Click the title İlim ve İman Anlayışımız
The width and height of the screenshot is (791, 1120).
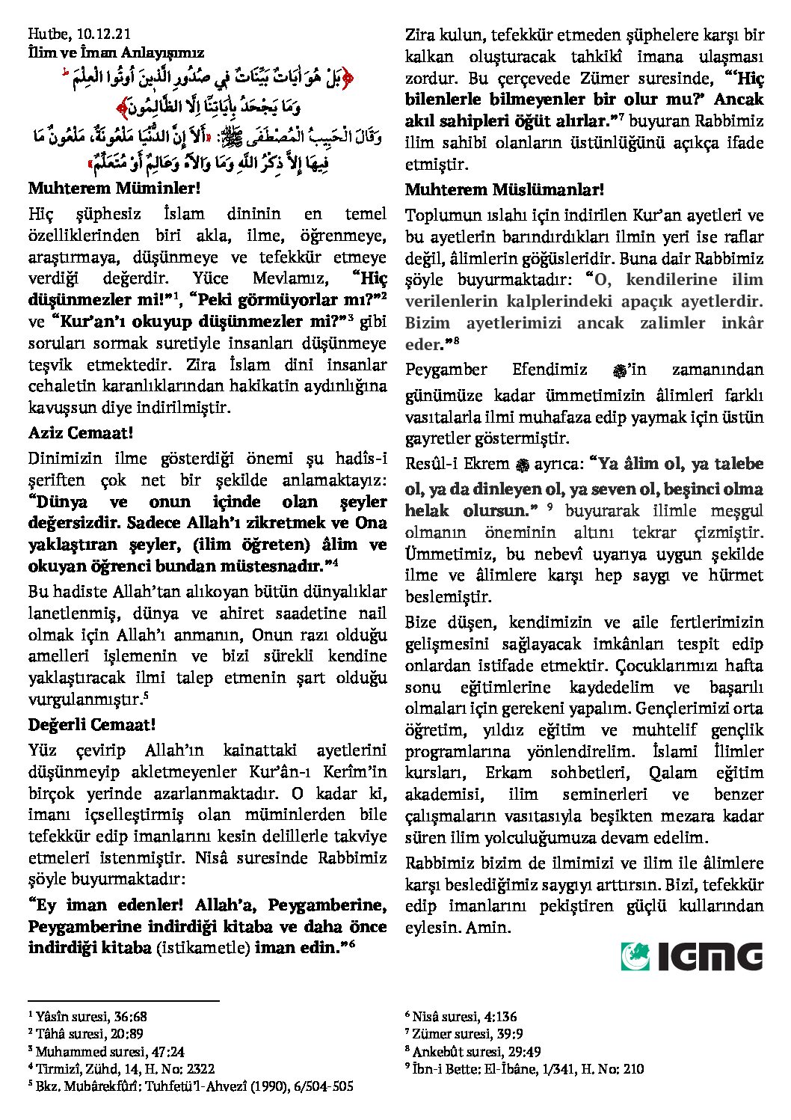(116, 52)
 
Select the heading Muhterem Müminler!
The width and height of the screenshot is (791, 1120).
(114, 189)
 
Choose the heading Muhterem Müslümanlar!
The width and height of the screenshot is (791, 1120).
(505, 190)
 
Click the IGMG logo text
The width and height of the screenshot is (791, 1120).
(710, 957)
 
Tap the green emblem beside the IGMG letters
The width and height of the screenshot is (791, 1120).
(635, 957)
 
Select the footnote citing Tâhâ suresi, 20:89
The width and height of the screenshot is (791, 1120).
(89, 1034)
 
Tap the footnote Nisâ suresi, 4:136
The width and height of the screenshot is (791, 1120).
(464, 1017)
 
